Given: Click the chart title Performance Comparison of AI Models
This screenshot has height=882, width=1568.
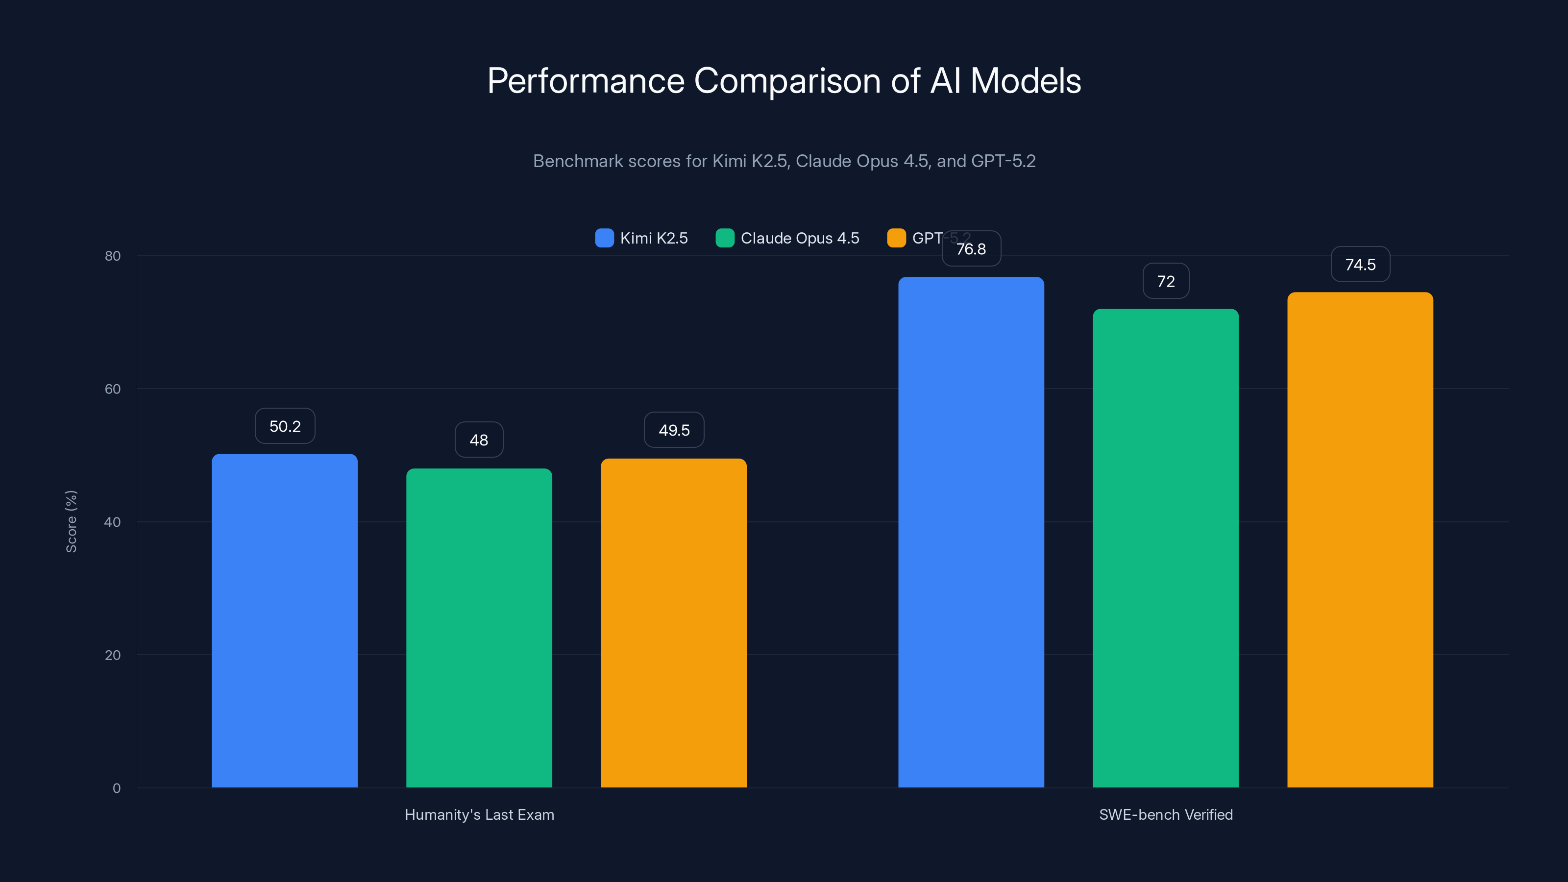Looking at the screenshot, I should tap(784, 81).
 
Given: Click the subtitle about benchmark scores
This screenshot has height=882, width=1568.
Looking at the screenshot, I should tap(784, 161).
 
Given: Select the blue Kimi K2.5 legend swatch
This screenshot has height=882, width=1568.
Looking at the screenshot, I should tap(604, 238).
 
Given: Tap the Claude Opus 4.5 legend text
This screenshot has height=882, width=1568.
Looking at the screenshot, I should tap(799, 238).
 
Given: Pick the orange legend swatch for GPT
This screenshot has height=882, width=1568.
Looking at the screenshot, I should tap(896, 238).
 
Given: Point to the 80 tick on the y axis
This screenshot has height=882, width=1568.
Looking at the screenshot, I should tap(113, 256).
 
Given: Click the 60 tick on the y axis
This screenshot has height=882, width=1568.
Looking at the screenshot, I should tap(113, 389).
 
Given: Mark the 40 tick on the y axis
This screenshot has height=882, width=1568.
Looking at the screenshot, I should tap(113, 522).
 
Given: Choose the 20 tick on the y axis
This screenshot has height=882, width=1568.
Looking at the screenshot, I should tap(113, 656).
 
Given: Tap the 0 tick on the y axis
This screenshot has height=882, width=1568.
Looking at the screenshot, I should tap(116, 788).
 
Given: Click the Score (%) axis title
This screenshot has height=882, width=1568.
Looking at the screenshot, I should tap(71, 522).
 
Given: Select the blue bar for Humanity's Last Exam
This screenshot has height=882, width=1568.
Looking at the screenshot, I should tap(284, 621).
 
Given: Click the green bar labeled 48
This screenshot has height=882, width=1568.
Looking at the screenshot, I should tap(479, 627).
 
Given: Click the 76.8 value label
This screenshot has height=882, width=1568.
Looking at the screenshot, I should tap(971, 249).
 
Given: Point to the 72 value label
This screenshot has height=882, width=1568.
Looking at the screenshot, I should tap(1166, 281).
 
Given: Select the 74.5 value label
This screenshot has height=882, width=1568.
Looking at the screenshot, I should tap(1360, 265).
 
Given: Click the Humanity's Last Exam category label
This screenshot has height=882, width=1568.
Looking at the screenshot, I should tap(479, 815).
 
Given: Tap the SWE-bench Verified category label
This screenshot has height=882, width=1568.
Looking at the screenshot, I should tap(1166, 815).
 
